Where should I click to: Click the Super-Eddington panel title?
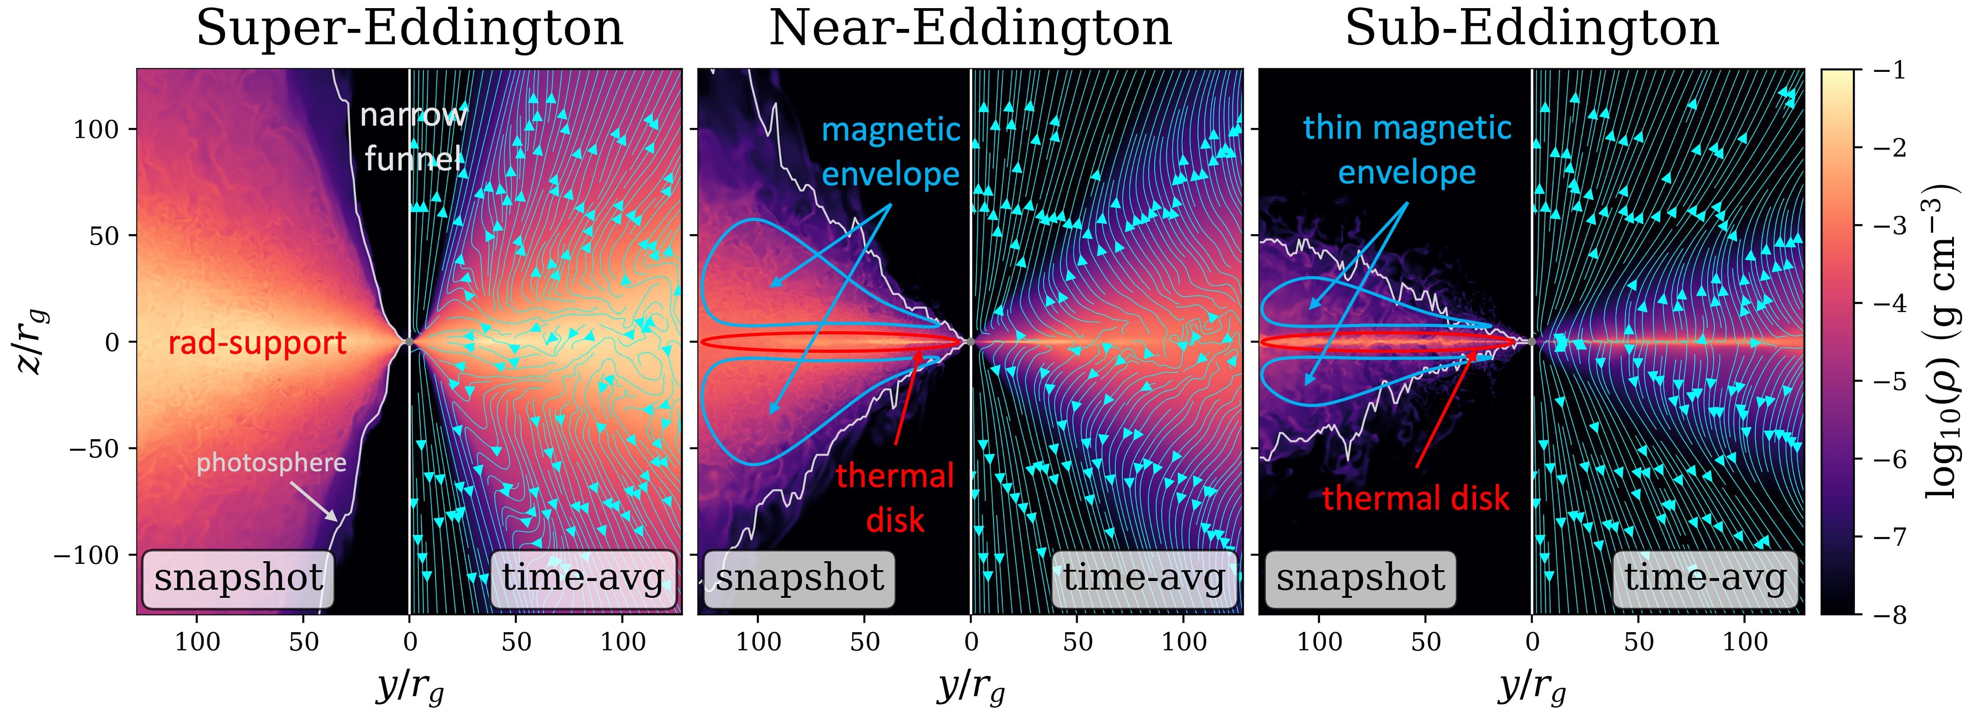coord(410,29)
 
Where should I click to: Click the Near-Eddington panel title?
coord(970,29)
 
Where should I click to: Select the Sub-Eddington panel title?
coord(1532,29)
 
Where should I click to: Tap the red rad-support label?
coord(257,343)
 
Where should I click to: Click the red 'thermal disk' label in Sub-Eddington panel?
coord(1415,498)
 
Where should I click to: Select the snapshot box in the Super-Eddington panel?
coord(238,578)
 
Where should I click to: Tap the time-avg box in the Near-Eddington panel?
coord(1144,578)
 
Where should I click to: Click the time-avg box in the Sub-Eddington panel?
coord(1705,578)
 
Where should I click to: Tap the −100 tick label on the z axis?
coord(86,554)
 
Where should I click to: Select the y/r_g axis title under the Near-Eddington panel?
coord(971,687)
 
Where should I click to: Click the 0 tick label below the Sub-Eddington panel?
coord(1532,642)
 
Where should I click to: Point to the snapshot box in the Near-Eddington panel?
coord(799,578)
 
